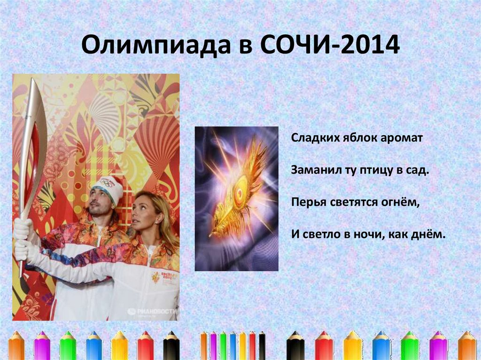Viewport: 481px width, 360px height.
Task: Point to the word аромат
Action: point(403,138)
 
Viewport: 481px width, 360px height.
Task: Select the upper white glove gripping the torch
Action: point(23,229)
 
